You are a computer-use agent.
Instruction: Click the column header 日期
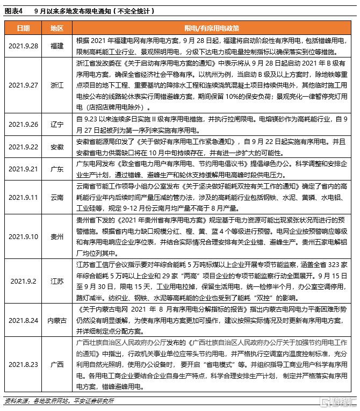23,27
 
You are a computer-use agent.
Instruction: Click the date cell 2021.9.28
23,46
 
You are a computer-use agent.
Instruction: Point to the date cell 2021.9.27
23,85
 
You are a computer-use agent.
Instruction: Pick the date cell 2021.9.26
23,124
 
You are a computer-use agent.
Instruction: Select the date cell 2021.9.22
23,147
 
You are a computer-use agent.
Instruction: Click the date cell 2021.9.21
23,169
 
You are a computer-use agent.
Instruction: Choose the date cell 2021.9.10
23,236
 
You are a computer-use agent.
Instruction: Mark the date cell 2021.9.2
23,281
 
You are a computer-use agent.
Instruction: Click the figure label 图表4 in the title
13,10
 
